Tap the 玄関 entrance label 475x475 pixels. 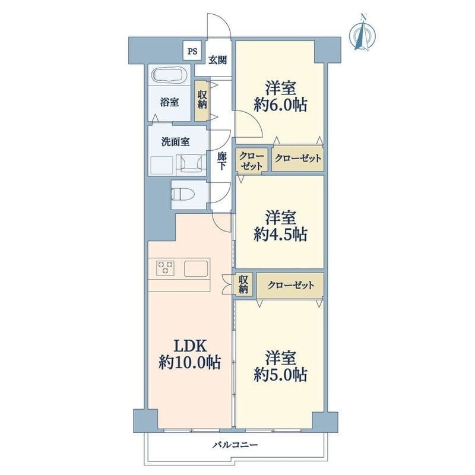(x=217, y=60)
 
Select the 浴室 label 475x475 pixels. (x=169, y=102)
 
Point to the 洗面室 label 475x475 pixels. (x=176, y=142)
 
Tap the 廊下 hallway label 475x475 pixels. (x=222, y=160)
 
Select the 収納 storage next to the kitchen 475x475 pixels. (x=243, y=284)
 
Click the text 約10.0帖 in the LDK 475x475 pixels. (x=190, y=362)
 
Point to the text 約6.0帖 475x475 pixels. (x=280, y=105)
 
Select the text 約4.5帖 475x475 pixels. (x=280, y=234)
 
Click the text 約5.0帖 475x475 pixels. (x=280, y=375)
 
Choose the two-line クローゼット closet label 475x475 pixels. (x=251, y=161)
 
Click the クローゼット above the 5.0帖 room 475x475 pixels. (x=290, y=285)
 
